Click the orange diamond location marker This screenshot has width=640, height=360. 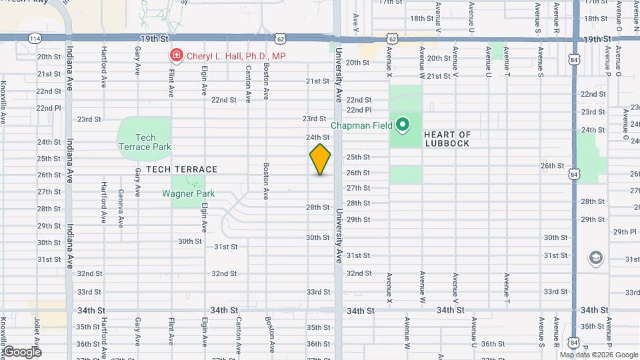coord(320,159)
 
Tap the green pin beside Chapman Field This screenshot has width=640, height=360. coord(402,125)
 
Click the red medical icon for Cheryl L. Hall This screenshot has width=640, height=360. coord(176,55)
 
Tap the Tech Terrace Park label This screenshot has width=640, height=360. coord(145,142)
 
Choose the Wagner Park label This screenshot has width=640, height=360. coord(189,194)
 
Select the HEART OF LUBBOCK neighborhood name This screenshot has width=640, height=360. coord(446,139)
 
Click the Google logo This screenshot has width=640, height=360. coord(21,351)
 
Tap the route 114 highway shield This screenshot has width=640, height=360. coord(35,39)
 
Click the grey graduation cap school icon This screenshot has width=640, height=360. coord(595,258)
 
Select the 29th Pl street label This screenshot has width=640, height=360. coord(625,231)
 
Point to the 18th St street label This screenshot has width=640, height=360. coord(423,18)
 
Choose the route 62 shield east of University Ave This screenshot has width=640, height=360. coord(392,39)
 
